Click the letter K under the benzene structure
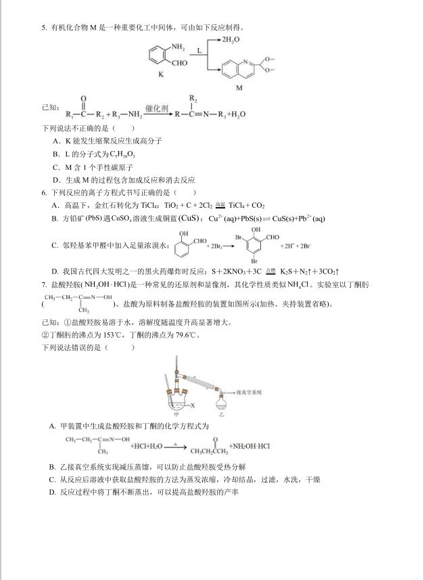click(161, 74)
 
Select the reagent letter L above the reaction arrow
click(200, 51)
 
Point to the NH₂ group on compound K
click(178, 47)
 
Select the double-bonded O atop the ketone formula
click(83, 99)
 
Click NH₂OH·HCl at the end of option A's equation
click(250, 447)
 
